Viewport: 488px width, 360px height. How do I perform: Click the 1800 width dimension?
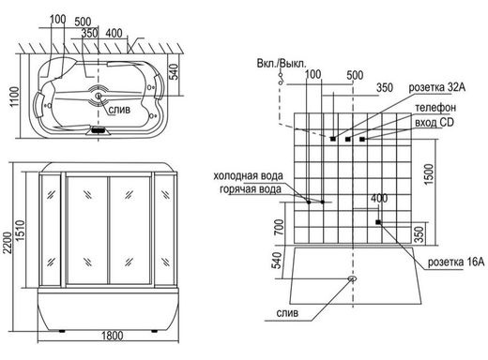(113, 336)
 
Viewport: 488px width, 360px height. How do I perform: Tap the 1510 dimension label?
(20, 231)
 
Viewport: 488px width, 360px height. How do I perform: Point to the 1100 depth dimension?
(14, 97)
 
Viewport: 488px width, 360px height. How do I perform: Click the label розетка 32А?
(437, 88)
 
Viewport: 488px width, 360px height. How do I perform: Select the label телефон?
(435, 108)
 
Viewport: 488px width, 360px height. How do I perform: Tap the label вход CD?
(435, 122)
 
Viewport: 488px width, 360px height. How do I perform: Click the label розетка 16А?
(456, 262)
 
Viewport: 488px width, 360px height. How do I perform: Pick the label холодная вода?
(248, 176)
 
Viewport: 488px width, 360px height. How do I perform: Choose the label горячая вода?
(251, 189)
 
